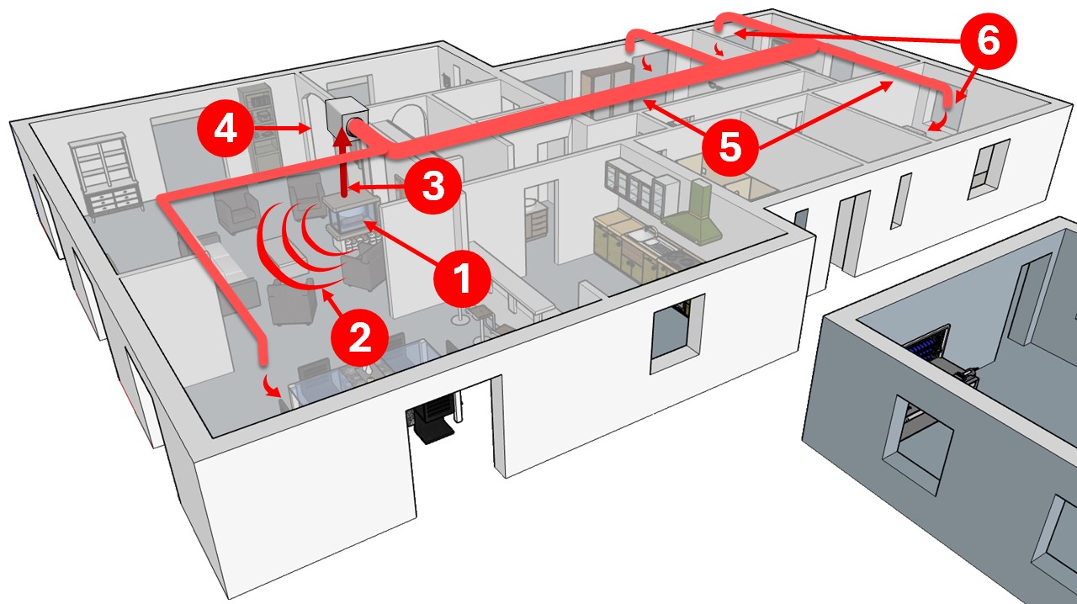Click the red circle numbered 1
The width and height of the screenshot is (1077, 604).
point(462,278)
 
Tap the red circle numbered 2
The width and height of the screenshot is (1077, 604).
point(359,337)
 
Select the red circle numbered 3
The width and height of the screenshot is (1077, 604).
point(432,186)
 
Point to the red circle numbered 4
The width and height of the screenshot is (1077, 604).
point(225,129)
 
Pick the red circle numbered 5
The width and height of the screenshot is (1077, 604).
point(730,146)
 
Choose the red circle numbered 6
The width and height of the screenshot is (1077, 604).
point(988,41)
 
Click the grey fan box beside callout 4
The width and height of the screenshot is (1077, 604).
point(347,119)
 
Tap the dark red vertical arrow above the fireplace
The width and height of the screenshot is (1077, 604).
point(342,163)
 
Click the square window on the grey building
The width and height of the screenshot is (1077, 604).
point(917,444)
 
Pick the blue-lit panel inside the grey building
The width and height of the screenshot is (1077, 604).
point(926,347)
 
